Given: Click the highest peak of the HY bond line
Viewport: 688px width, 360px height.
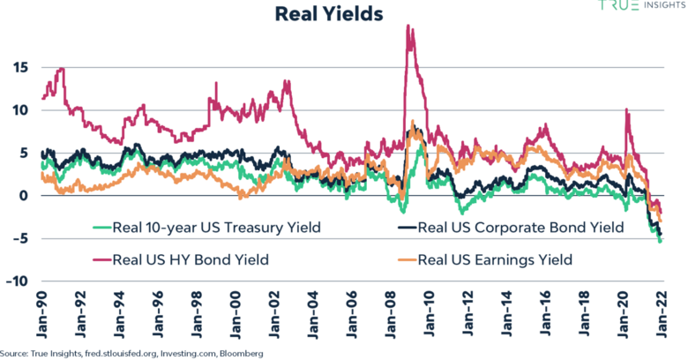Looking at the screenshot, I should [x=408, y=26].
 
